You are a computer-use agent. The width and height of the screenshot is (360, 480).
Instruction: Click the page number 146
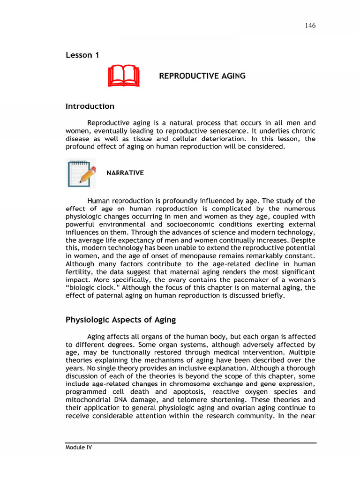tap(309, 25)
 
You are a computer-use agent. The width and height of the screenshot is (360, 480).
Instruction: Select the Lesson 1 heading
tap(82, 55)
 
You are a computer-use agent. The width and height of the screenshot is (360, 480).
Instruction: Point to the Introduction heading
tap(90, 106)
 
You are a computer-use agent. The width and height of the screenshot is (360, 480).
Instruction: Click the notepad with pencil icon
tap(81, 173)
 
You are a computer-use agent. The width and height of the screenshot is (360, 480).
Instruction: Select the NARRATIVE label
tap(125, 172)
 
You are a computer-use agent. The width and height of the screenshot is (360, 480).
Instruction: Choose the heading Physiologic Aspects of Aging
tap(120, 320)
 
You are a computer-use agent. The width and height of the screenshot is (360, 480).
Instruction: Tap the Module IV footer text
tap(79, 448)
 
